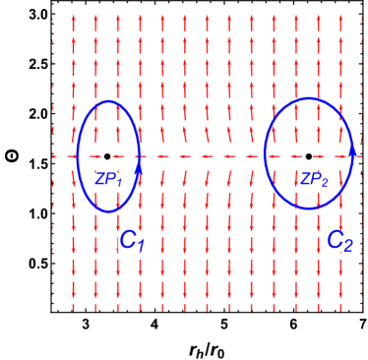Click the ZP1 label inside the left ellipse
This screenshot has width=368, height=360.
[107, 179]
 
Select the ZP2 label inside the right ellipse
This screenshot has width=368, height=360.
[313, 179]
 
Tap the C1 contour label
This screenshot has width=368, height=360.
[131, 240]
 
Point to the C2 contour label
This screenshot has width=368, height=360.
[338, 240]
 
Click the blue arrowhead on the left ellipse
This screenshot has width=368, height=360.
[139, 155]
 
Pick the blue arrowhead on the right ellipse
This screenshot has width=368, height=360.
[351, 153]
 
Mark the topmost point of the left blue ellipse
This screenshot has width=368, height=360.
[108, 100]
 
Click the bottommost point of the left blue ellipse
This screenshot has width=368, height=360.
[108, 211]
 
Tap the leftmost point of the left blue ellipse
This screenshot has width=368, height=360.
[77, 156]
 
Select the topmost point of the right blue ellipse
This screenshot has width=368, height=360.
[309, 98]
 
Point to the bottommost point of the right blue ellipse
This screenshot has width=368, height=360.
[309, 209]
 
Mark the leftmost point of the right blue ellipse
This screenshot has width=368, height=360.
[264, 153]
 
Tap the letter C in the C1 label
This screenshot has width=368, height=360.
[127, 239]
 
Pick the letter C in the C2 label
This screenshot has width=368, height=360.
[335, 239]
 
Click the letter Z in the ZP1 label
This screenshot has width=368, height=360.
[99, 178]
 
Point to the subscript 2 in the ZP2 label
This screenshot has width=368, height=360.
[323, 182]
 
